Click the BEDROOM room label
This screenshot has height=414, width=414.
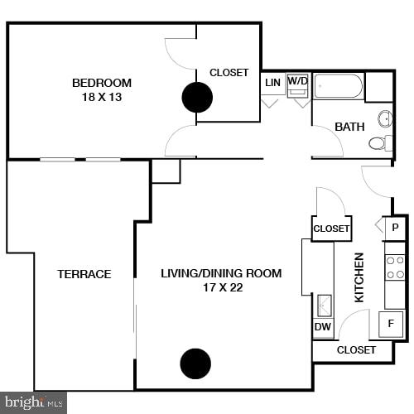coord(102,82)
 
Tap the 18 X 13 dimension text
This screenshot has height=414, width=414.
coord(102,96)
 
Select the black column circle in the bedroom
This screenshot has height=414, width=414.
coord(197,98)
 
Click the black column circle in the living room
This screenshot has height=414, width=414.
coord(195,363)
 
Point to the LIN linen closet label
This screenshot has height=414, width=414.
coord(272,83)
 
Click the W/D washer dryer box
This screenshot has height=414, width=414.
coord(297,85)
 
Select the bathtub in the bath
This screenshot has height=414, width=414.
coord(338,86)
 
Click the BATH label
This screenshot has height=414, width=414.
coord(349,127)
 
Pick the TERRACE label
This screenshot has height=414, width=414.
coord(84,274)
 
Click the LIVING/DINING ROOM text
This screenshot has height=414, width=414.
coord(221,273)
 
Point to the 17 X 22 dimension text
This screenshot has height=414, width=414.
coord(221,288)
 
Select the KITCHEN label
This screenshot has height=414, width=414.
coord(359,277)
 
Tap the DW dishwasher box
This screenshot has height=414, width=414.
coord(322,327)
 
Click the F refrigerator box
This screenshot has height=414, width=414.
coord(391,323)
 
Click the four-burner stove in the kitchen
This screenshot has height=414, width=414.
coord(395,266)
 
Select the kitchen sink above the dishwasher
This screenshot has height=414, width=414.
coord(323,305)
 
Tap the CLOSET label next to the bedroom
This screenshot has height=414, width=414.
coord(229,73)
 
